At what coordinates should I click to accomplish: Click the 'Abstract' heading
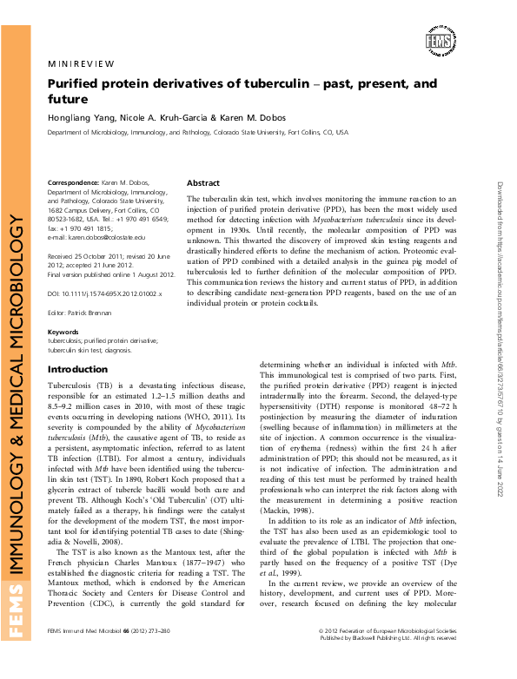point(203,183)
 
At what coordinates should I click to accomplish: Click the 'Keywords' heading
point(63,332)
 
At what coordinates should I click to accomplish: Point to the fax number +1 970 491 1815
point(86,227)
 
